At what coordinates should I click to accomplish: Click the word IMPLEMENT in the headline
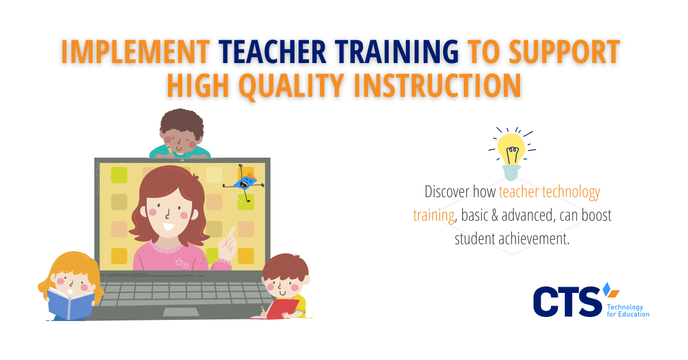(x=135, y=52)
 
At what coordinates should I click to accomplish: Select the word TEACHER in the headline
(x=272, y=52)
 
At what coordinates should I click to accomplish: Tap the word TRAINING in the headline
(x=397, y=52)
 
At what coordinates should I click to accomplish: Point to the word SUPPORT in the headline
(x=565, y=52)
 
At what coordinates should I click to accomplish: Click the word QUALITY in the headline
(x=291, y=86)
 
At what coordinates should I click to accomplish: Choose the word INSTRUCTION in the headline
(x=437, y=85)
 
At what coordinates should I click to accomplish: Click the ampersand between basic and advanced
(x=495, y=216)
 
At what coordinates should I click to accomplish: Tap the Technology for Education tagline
(x=628, y=311)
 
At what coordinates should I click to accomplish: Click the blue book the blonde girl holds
(x=71, y=304)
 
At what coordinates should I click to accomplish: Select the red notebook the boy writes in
(x=282, y=308)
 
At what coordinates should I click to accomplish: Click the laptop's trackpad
(x=181, y=312)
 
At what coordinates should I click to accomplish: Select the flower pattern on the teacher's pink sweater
(x=182, y=263)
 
